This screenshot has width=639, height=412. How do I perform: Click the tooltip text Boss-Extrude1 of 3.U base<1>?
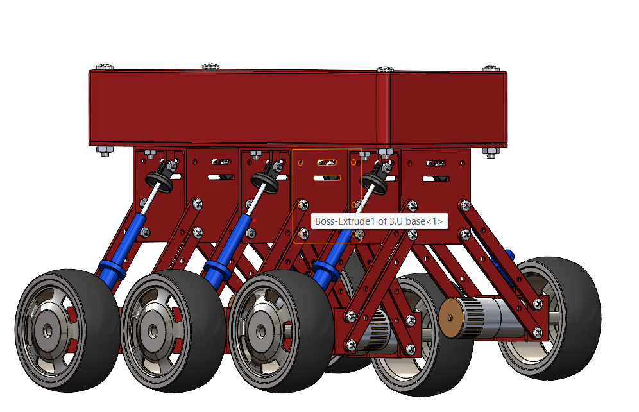(378, 221)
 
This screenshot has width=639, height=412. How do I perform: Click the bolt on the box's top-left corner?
(105, 66)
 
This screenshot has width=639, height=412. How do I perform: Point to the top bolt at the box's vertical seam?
(384, 69)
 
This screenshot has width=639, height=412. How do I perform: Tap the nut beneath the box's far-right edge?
(491, 153)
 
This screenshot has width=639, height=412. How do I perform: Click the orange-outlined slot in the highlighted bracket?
(326, 177)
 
